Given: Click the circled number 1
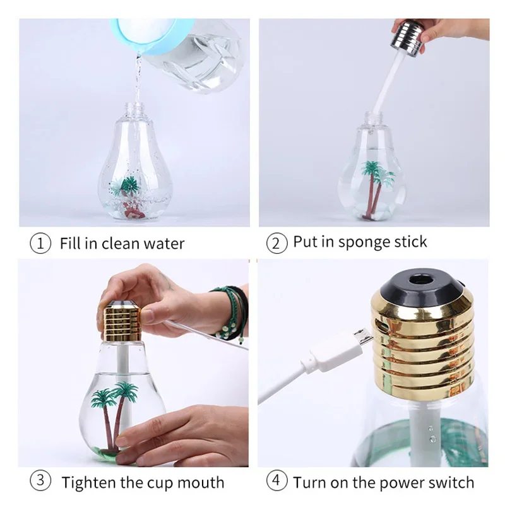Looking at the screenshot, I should pos(40,244).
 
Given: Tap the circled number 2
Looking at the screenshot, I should pos(276,243).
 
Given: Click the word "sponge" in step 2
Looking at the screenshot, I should pos(364,242).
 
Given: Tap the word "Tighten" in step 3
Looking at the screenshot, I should pos(89,483).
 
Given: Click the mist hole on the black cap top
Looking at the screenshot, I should pos(417,278).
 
